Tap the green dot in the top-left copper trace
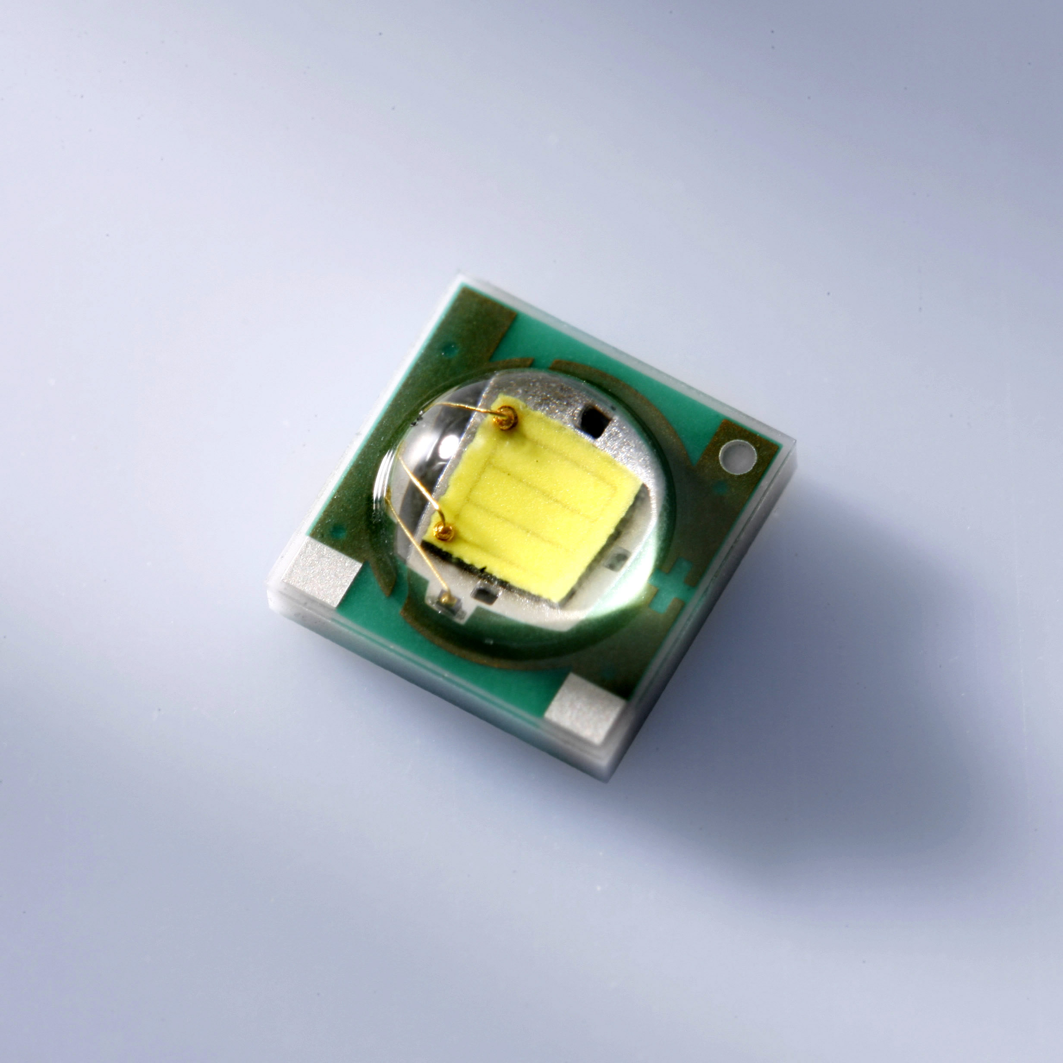[450, 348]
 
